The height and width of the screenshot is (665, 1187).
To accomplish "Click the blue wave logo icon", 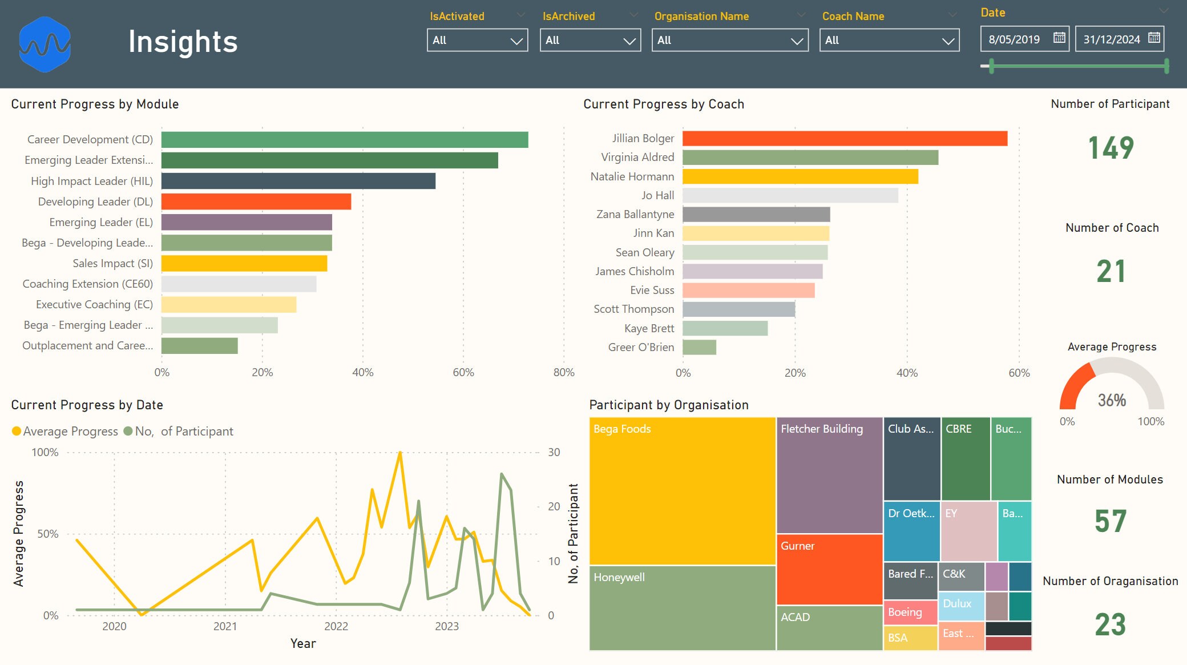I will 45,44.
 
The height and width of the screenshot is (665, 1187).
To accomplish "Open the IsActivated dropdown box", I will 477,41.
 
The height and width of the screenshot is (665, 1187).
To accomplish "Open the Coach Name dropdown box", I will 889,41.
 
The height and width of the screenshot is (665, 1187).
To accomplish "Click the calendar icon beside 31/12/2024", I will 1153,38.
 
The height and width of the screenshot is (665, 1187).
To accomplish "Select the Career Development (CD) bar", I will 344,140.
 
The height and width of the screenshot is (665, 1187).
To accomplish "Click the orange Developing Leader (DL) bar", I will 256,201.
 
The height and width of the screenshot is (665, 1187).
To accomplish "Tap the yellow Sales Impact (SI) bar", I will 244,263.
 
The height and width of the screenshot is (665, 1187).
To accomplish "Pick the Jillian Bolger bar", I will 845,139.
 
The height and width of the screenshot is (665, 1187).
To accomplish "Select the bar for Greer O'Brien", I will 699,347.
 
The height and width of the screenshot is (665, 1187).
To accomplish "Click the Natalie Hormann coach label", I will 632,176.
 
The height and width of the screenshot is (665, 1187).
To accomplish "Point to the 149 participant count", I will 1111,148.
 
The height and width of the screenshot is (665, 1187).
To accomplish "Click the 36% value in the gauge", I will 1112,400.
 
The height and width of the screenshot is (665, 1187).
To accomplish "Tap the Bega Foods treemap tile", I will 682,491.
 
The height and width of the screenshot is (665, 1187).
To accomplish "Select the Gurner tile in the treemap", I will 829,569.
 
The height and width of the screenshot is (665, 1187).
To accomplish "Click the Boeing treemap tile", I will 910,612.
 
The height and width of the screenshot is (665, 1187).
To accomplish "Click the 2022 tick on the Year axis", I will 336,626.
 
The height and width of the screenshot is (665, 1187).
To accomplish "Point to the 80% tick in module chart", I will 563,373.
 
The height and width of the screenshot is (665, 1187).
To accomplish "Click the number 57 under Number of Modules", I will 1110,521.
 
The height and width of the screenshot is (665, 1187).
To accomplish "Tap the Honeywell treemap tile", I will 682,608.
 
